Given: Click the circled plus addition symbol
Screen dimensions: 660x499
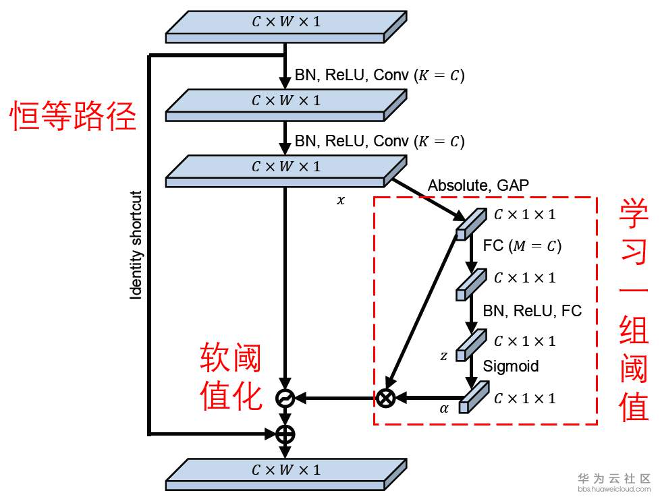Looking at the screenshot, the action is tap(285, 434).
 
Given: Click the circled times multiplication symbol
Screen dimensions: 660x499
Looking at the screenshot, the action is tap(385, 398).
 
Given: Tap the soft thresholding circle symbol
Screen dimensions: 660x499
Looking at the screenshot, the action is tap(285, 398).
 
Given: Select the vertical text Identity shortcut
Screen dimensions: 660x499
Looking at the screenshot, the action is tap(136, 245).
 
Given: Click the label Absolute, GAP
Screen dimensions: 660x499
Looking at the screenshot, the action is tap(478, 185).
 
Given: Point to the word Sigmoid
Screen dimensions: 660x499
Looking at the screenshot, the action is tap(511, 366).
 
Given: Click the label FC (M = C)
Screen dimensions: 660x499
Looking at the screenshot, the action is tap(522, 245).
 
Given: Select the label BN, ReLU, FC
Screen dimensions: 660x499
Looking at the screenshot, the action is tap(532, 311).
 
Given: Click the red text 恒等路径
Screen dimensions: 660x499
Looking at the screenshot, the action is tap(73, 115).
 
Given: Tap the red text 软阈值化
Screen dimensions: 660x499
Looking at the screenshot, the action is tap(231, 376).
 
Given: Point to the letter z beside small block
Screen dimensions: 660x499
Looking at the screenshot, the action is tap(443, 356).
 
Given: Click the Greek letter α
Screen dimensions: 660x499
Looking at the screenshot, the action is tap(444, 409).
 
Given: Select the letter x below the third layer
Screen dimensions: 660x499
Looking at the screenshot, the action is tap(341, 200).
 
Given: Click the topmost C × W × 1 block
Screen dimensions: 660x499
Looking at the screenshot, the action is tap(286, 27).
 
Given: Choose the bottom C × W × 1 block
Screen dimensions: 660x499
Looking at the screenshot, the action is tap(286, 475).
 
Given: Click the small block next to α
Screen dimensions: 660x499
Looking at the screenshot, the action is tap(474, 397).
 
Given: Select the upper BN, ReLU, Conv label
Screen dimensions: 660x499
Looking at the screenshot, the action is tap(380, 76).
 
